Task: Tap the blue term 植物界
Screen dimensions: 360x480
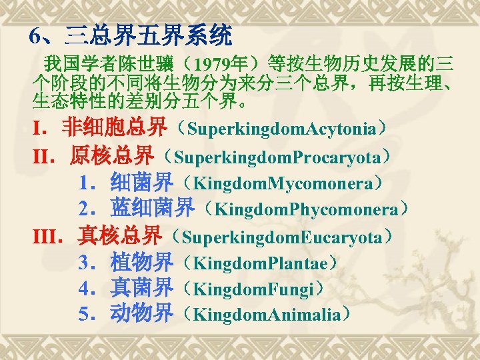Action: click(141, 263)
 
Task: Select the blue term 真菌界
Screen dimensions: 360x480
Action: click(141, 289)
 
